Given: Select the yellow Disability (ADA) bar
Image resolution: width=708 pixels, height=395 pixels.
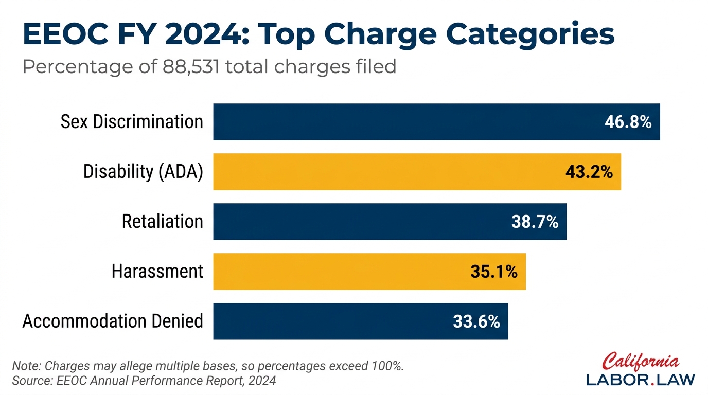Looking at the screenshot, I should point(386,172).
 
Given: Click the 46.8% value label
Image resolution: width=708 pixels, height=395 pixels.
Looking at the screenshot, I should point(628,122).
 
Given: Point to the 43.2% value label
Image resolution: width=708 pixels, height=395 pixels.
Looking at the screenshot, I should point(589,172).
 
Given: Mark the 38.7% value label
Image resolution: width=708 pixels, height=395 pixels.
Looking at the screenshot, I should point(535,222).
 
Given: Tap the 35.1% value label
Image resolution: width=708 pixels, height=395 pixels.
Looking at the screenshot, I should point(493,272).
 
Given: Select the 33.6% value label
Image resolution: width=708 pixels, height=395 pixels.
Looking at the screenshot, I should point(476,322).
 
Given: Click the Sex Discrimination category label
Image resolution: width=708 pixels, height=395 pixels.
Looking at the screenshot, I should point(132,122).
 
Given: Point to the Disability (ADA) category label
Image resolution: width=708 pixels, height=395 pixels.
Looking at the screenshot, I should point(143,172).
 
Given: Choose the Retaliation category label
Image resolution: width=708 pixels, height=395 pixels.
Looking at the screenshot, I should point(162,222).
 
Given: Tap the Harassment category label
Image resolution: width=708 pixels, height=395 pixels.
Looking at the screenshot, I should point(157,272).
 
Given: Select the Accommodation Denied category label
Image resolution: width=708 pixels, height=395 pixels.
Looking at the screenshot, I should point(113,321).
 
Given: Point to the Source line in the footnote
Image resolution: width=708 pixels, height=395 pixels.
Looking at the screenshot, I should point(144,381).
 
